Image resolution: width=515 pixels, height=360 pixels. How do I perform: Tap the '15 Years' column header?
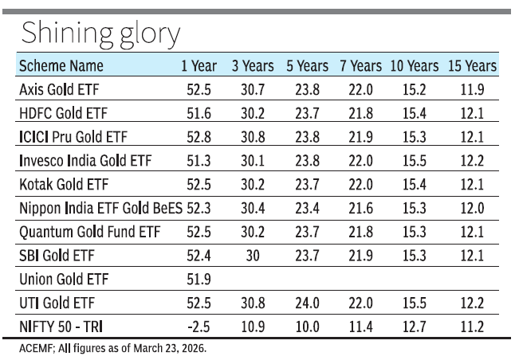[x=474, y=66]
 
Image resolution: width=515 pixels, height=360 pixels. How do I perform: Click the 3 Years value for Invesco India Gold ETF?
[x=253, y=161]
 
